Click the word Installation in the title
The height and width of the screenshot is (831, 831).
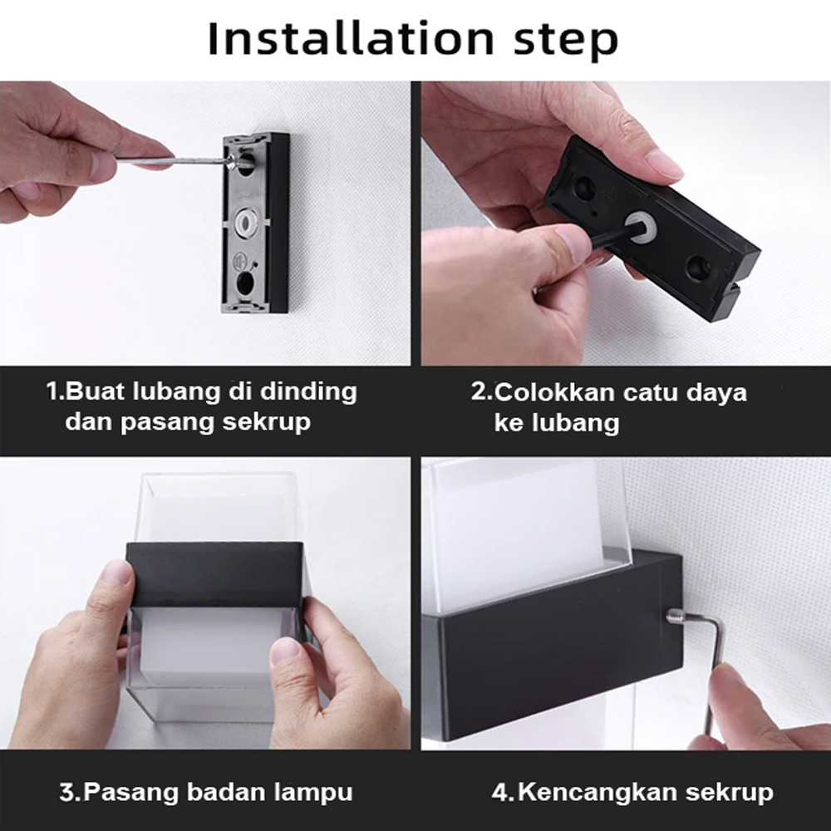click(351, 38)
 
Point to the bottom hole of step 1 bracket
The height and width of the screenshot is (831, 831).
click(244, 283)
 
